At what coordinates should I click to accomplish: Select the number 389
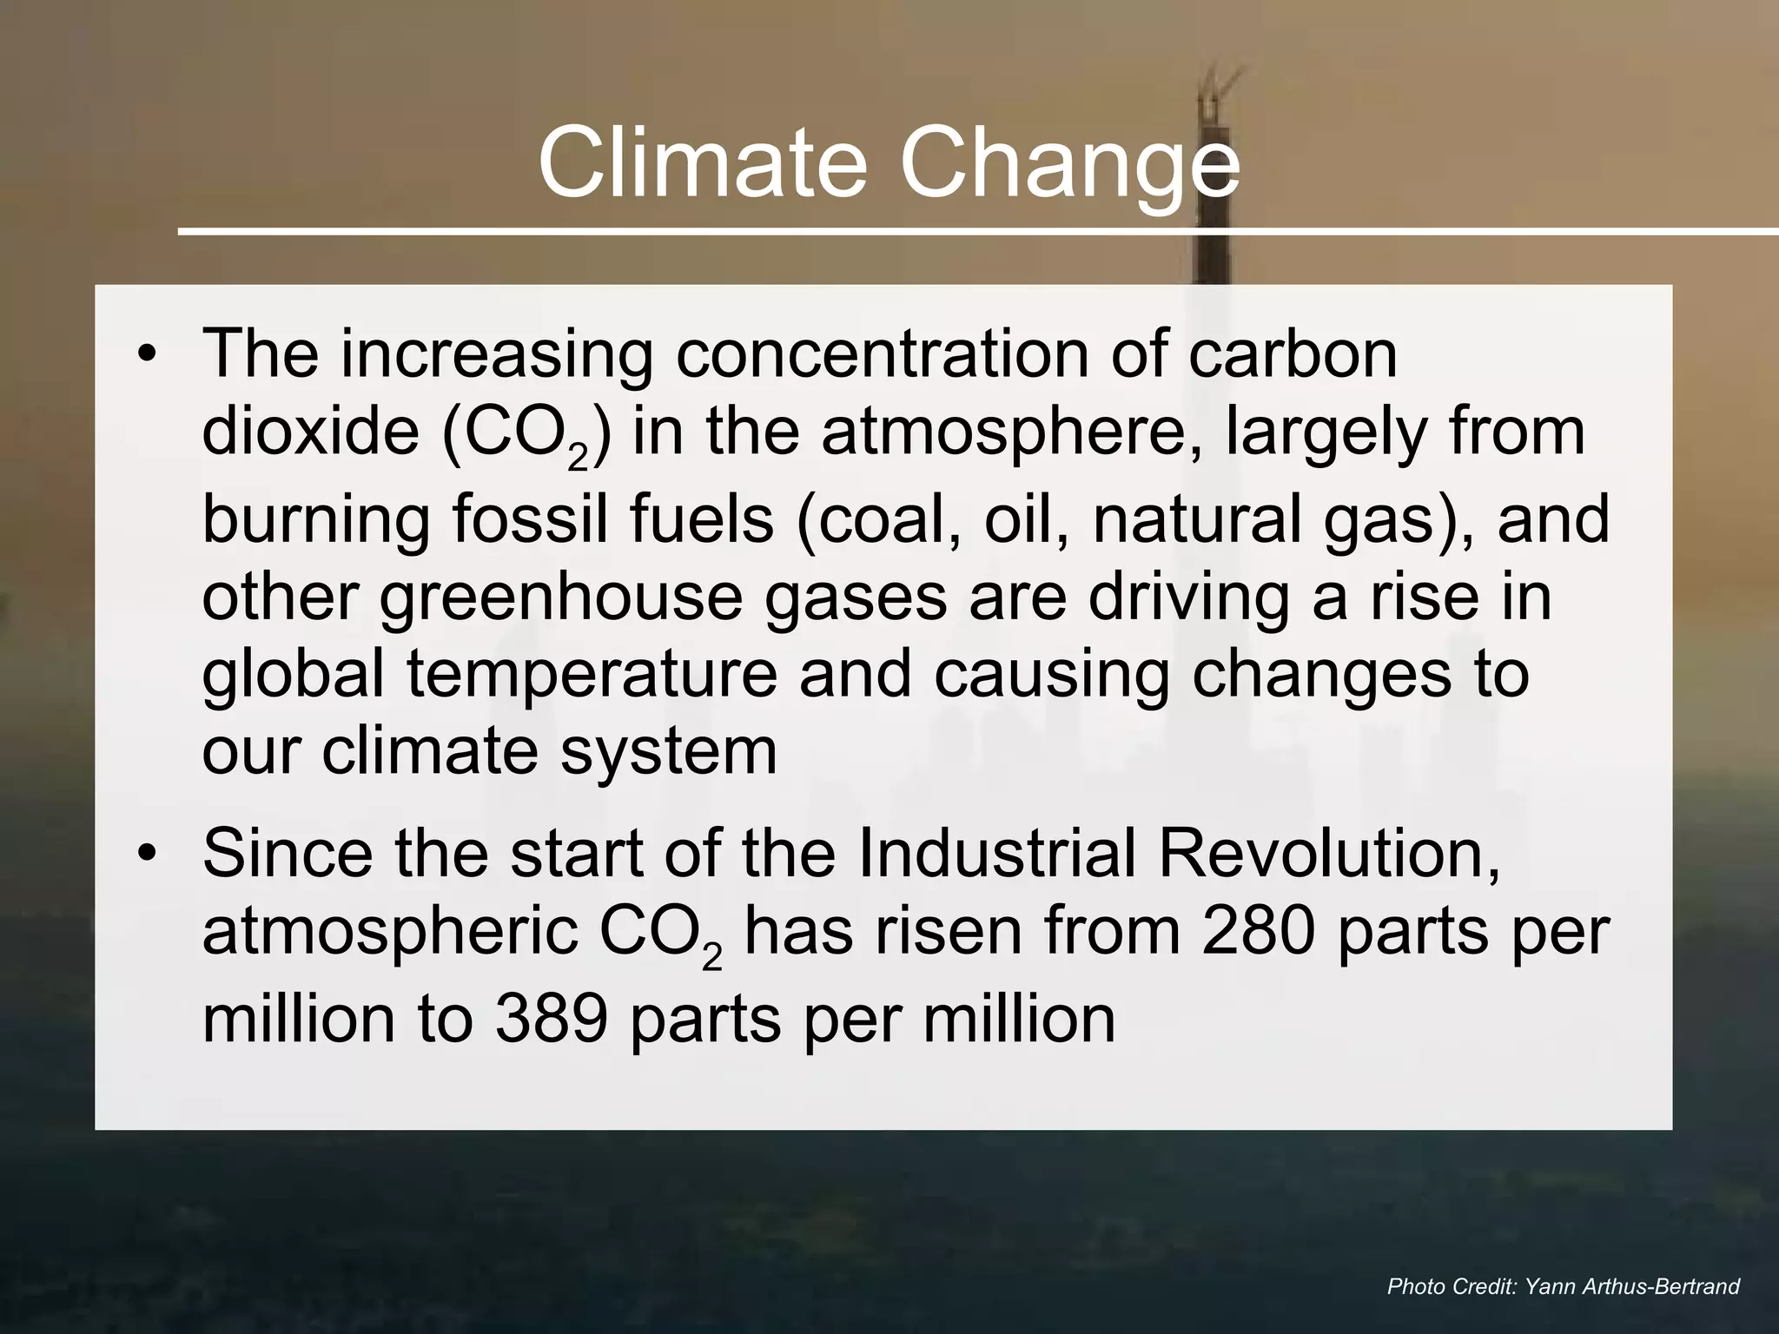pyautogui.click(x=551, y=1018)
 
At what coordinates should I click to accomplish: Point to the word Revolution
pyautogui.click(x=1329, y=855)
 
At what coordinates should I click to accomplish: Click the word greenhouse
pyautogui.click(x=560, y=599)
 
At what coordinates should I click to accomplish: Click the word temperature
pyautogui.click(x=592, y=676)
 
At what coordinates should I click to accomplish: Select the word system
pyautogui.click(x=668, y=752)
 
